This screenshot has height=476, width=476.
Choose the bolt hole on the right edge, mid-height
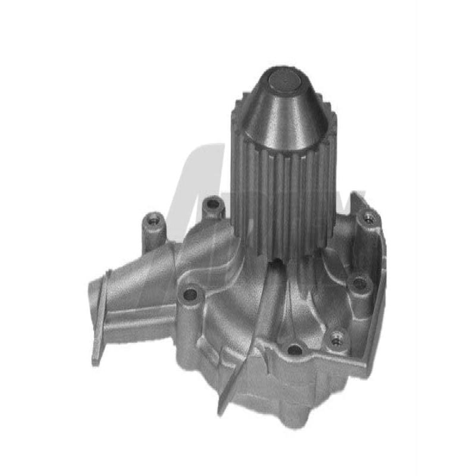[359, 284]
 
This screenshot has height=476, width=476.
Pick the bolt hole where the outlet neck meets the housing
[190, 294]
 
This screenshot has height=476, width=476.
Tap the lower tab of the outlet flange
[98, 351]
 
